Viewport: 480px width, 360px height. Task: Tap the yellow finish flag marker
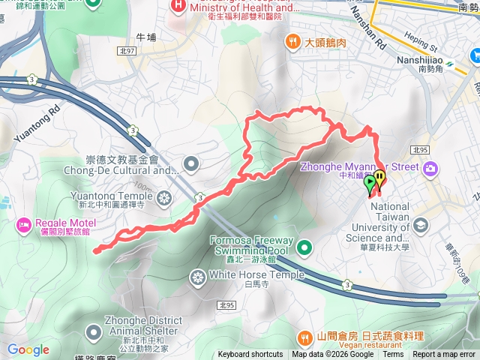tap(380, 179)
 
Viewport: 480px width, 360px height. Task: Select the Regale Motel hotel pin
tap(24, 223)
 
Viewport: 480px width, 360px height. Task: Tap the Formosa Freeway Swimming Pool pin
tap(304, 247)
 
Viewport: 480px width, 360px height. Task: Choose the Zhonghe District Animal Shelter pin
tap(93, 331)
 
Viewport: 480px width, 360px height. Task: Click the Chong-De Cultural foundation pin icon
tap(192, 163)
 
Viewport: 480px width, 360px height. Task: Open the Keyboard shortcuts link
tap(250, 355)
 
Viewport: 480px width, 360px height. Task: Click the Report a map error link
tap(445, 355)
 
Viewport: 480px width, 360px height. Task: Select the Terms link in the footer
tap(393, 355)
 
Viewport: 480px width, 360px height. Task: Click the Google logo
tap(28, 349)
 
